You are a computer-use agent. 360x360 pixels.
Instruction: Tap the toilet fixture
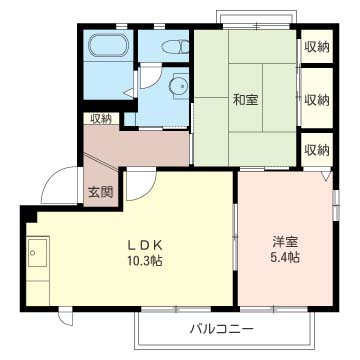172,45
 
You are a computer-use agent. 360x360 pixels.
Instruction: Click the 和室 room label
246,99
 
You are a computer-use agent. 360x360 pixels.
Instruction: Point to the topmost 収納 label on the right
317,47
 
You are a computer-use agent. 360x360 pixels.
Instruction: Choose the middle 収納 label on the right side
317,99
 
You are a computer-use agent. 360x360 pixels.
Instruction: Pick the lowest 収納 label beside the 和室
317,149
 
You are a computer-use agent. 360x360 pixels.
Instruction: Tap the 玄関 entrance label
99,193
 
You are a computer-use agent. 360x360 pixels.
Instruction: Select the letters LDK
143,245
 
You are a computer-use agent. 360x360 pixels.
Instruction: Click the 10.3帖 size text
143,262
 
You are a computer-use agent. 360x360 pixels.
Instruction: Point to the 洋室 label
286,241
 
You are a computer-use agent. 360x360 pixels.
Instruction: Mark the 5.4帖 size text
286,258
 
